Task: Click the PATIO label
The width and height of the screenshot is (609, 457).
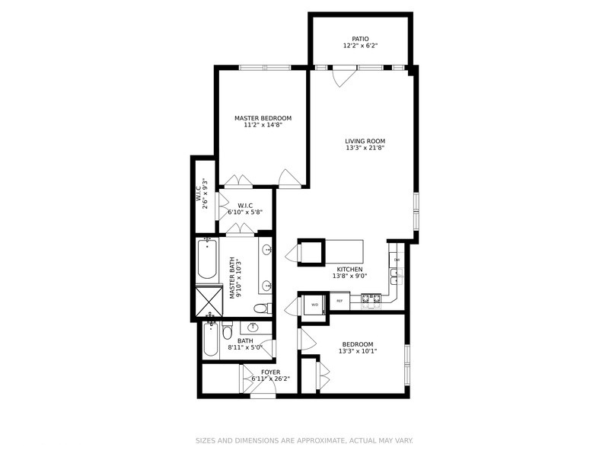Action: (x=360, y=38)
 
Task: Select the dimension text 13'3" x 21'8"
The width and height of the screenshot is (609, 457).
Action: (x=365, y=148)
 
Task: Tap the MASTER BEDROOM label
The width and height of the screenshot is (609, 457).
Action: (x=263, y=118)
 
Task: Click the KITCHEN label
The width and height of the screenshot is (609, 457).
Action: (x=349, y=269)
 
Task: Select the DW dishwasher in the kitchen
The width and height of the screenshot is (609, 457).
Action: (x=397, y=260)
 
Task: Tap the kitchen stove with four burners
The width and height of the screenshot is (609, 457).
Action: (x=371, y=300)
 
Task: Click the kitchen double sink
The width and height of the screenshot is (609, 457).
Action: (x=396, y=279)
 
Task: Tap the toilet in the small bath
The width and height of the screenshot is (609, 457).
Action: (x=227, y=332)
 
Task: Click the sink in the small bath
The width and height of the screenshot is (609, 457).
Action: (x=253, y=328)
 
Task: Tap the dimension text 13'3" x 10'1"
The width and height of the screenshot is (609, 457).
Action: (x=357, y=351)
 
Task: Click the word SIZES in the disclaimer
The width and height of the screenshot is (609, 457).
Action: (x=206, y=440)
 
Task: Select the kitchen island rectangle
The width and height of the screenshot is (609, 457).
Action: (x=345, y=251)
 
